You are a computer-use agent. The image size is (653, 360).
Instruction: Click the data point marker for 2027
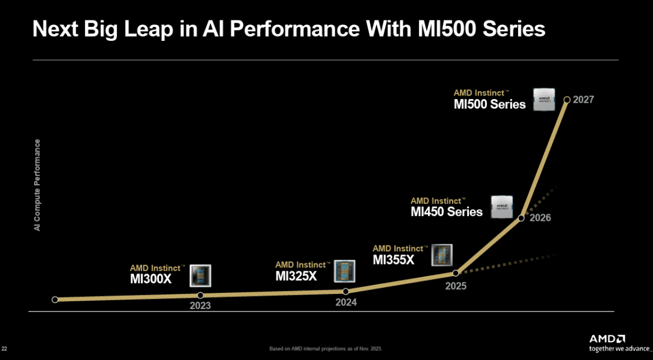566,99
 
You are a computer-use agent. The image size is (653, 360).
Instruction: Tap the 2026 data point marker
521,218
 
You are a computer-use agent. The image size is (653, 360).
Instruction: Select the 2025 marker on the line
455,273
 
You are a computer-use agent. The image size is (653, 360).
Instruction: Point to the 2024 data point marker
346,291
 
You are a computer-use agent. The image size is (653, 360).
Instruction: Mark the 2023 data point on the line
200,295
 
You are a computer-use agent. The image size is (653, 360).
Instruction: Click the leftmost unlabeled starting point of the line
55,299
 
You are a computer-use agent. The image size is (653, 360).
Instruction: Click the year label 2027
583,100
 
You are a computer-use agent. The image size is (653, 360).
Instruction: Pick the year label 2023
200,305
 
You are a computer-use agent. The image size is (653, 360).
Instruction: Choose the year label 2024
346,302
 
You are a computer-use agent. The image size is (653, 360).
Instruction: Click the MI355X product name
393,259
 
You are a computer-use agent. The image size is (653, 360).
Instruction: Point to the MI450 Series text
447,211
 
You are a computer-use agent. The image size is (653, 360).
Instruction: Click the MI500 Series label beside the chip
489,104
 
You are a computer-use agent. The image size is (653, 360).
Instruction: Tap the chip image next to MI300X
200,275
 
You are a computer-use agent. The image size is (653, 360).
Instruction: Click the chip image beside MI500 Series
545,98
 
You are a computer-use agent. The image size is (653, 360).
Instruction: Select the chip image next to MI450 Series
502,206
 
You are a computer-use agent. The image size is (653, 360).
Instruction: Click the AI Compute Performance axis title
37,185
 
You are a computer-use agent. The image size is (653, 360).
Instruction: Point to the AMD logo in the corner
607,338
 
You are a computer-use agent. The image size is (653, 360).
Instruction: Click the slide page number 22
5,349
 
